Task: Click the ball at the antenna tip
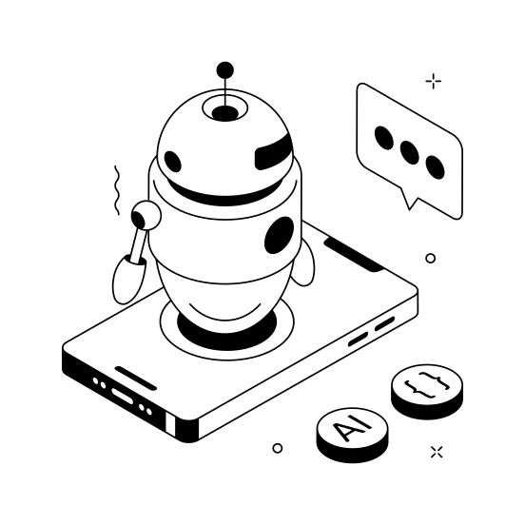(x=224, y=69)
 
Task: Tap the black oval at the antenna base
(x=225, y=113)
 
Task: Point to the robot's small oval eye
(x=172, y=161)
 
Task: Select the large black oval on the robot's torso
(x=280, y=234)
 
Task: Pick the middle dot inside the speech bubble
(x=410, y=152)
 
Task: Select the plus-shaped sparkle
(x=433, y=81)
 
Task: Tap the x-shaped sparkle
(x=437, y=451)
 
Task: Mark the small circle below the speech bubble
(x=430, y=258)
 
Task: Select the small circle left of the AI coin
(x=278, y=447)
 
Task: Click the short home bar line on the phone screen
(x=136, y=374)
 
